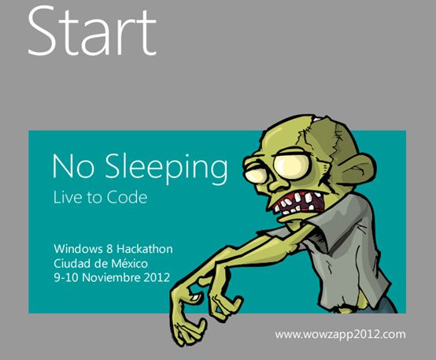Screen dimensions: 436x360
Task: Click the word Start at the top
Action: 92,32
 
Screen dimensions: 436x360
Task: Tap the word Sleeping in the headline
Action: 166,168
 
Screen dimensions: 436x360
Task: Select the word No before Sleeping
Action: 73,166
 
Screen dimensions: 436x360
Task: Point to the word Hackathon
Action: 144,249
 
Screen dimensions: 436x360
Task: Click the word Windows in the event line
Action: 78,249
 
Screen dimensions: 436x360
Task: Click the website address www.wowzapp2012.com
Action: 340,334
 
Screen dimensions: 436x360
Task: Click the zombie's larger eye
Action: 292,165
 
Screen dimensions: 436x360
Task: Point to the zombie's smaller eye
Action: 255,176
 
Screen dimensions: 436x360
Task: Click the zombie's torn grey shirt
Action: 348,245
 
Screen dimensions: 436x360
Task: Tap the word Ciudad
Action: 72,263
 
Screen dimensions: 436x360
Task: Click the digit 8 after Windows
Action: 109,249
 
